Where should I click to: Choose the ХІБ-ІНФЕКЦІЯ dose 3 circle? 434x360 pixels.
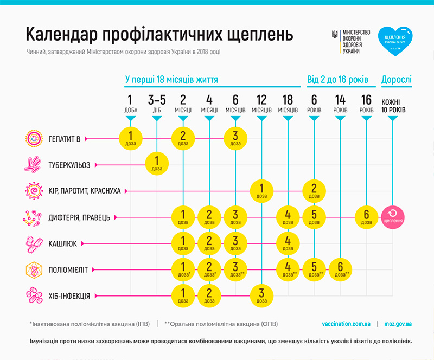(261, 295)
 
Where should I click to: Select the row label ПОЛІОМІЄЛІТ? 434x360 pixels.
(69, 269)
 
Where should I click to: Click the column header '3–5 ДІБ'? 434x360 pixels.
(157, 103)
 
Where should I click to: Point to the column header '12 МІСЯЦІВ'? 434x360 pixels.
(261, 103)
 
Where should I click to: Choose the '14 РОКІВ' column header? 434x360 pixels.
(340, 103)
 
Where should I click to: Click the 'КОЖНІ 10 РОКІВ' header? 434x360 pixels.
(393, 105)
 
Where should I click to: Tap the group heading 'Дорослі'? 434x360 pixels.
(397, 80)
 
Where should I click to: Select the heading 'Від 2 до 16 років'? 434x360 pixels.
(337, 80)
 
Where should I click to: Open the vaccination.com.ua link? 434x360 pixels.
(346, 324)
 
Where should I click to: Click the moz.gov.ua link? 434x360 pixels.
(397, 324)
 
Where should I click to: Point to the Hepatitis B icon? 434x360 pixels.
(33, 139)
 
